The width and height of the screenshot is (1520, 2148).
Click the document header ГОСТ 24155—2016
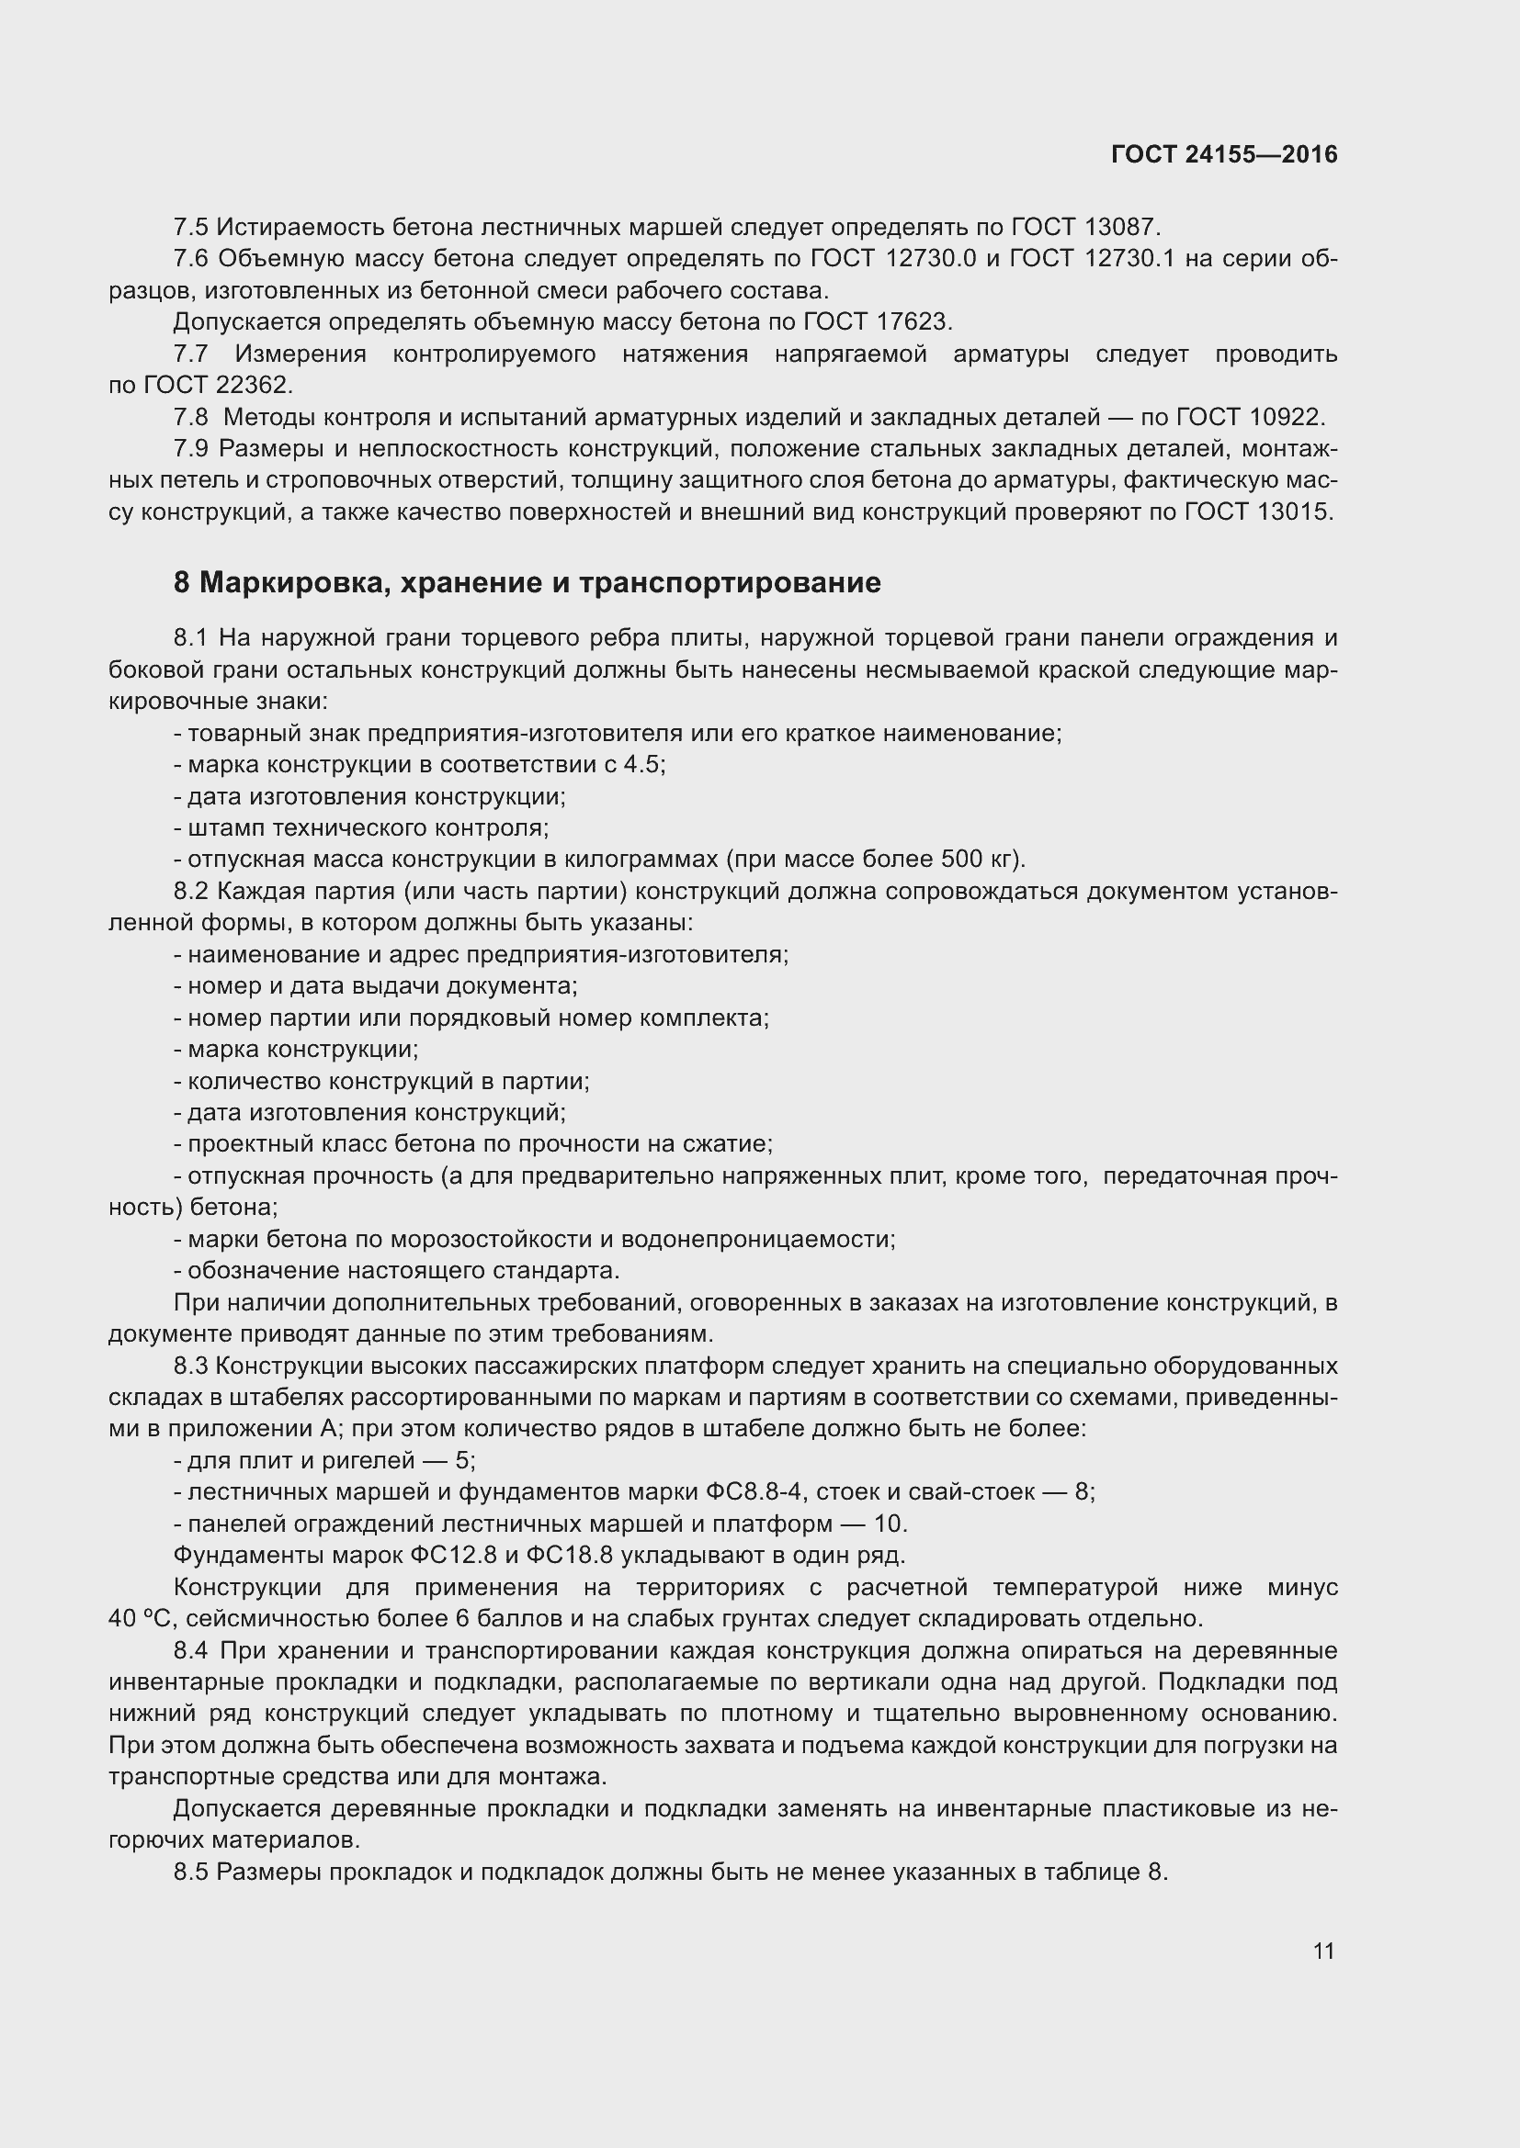[1224, 154]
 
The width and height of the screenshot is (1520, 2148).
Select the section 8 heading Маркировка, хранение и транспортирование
[527, 583]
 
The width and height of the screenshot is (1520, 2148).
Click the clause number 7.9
[191, 449]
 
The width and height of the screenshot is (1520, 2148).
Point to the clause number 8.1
[191, 638]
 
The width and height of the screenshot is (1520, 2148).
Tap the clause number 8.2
[191, 891]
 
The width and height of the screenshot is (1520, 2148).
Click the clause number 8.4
[191, 1650]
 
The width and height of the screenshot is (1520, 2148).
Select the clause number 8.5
[191, 1872]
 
